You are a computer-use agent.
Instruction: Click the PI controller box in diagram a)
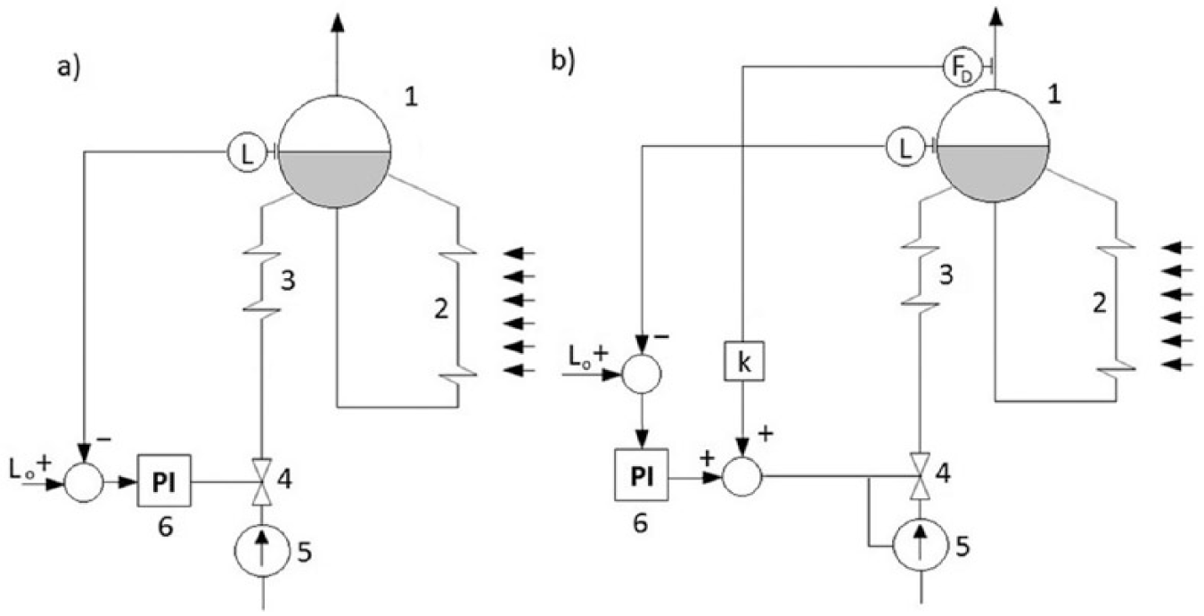click(164, 480)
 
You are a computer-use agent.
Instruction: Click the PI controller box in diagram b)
click(642, 474)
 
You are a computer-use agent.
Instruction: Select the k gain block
click(743, 361)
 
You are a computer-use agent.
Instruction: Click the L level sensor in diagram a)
click(246, 152)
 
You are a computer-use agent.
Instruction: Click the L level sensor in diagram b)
click(905, 146)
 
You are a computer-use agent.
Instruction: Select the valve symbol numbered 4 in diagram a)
click(262, 481)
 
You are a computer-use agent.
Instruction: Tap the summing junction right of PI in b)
click(742, 476)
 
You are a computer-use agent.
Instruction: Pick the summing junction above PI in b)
click(642, 374)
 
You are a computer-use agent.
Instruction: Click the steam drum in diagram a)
click(335, 152)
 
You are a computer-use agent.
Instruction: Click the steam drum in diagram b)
click(994, 145)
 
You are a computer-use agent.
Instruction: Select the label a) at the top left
click(69, 69)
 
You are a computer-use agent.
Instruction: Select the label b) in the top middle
click(563, 62)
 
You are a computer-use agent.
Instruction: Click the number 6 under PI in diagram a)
click(166, 528)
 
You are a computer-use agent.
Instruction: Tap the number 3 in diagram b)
click(946, 275)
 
